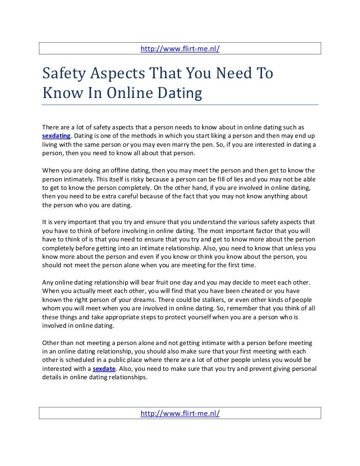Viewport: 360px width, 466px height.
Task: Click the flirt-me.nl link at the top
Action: pos(180,49)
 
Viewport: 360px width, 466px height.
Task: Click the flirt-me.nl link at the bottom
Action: pos(180,413)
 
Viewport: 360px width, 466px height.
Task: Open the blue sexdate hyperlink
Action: pos(105,369)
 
